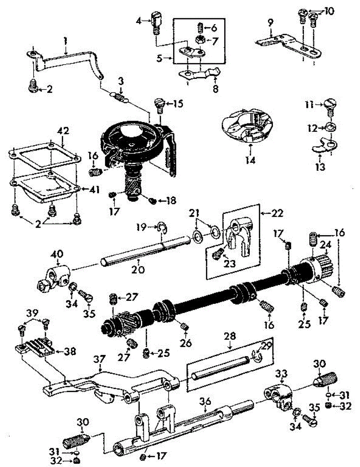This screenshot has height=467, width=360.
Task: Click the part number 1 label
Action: point(66,40)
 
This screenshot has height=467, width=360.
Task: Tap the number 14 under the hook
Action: point(250,160)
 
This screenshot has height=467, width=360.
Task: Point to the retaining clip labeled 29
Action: point(256,355)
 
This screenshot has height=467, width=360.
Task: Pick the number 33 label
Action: point(281,374)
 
